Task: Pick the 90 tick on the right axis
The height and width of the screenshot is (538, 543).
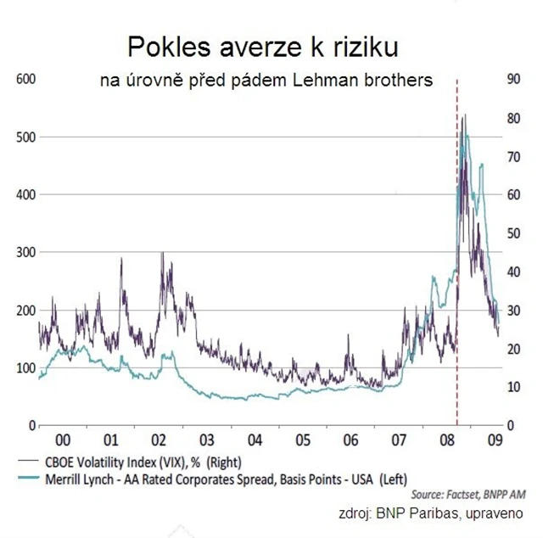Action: (x=512, y=79)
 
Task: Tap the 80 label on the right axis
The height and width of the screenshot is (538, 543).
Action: (x=512, y=117)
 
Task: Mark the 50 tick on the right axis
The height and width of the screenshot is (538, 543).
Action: (x=512, y=233)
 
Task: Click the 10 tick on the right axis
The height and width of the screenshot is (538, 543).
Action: (x=512, y=387)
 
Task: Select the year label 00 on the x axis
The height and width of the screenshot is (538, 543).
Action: (x=62, y=441)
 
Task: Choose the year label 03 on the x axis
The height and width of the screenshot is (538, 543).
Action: (x=206, y=441)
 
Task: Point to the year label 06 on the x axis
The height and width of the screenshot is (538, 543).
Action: (x=350, y=441)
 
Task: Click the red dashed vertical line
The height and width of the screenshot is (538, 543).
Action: (x=457, y=255)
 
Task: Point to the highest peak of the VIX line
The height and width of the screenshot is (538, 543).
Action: (x=463, y=115)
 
